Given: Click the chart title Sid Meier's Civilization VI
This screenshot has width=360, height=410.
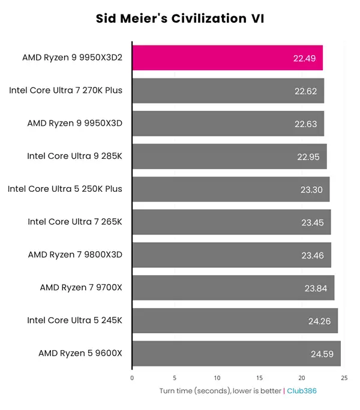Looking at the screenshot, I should click(x=180, y=19).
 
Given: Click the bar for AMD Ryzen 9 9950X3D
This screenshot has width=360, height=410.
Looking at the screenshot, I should click(x=228, y=123).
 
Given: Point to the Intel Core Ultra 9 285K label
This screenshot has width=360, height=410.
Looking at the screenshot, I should click(x=74, y=156).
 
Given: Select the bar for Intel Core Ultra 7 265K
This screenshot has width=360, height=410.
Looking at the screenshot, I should click(x=231, y=222).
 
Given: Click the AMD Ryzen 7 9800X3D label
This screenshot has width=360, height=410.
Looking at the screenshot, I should click(x=75, y=255).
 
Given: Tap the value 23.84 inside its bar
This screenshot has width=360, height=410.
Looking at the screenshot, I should click(x=316, y=288).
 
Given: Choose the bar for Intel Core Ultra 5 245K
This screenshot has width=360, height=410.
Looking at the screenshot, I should click(x=235, y=321).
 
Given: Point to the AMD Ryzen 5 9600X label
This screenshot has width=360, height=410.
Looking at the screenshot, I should click(x=80, y=353).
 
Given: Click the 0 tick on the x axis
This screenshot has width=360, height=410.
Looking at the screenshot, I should click(x=132, y=378).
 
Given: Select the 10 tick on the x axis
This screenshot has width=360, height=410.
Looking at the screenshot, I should click(x=217, y=378).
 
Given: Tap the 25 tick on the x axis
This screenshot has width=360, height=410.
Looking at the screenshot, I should click(x=344, y=378).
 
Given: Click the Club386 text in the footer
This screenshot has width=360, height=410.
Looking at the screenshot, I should click(x=302, y=391).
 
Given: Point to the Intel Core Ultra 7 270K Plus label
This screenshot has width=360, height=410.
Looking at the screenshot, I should click(x=66, y=91).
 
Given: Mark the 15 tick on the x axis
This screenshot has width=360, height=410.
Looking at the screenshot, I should click(x=259, y=378).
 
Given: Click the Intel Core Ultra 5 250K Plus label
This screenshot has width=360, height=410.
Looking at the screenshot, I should click(x=65, y=189).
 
